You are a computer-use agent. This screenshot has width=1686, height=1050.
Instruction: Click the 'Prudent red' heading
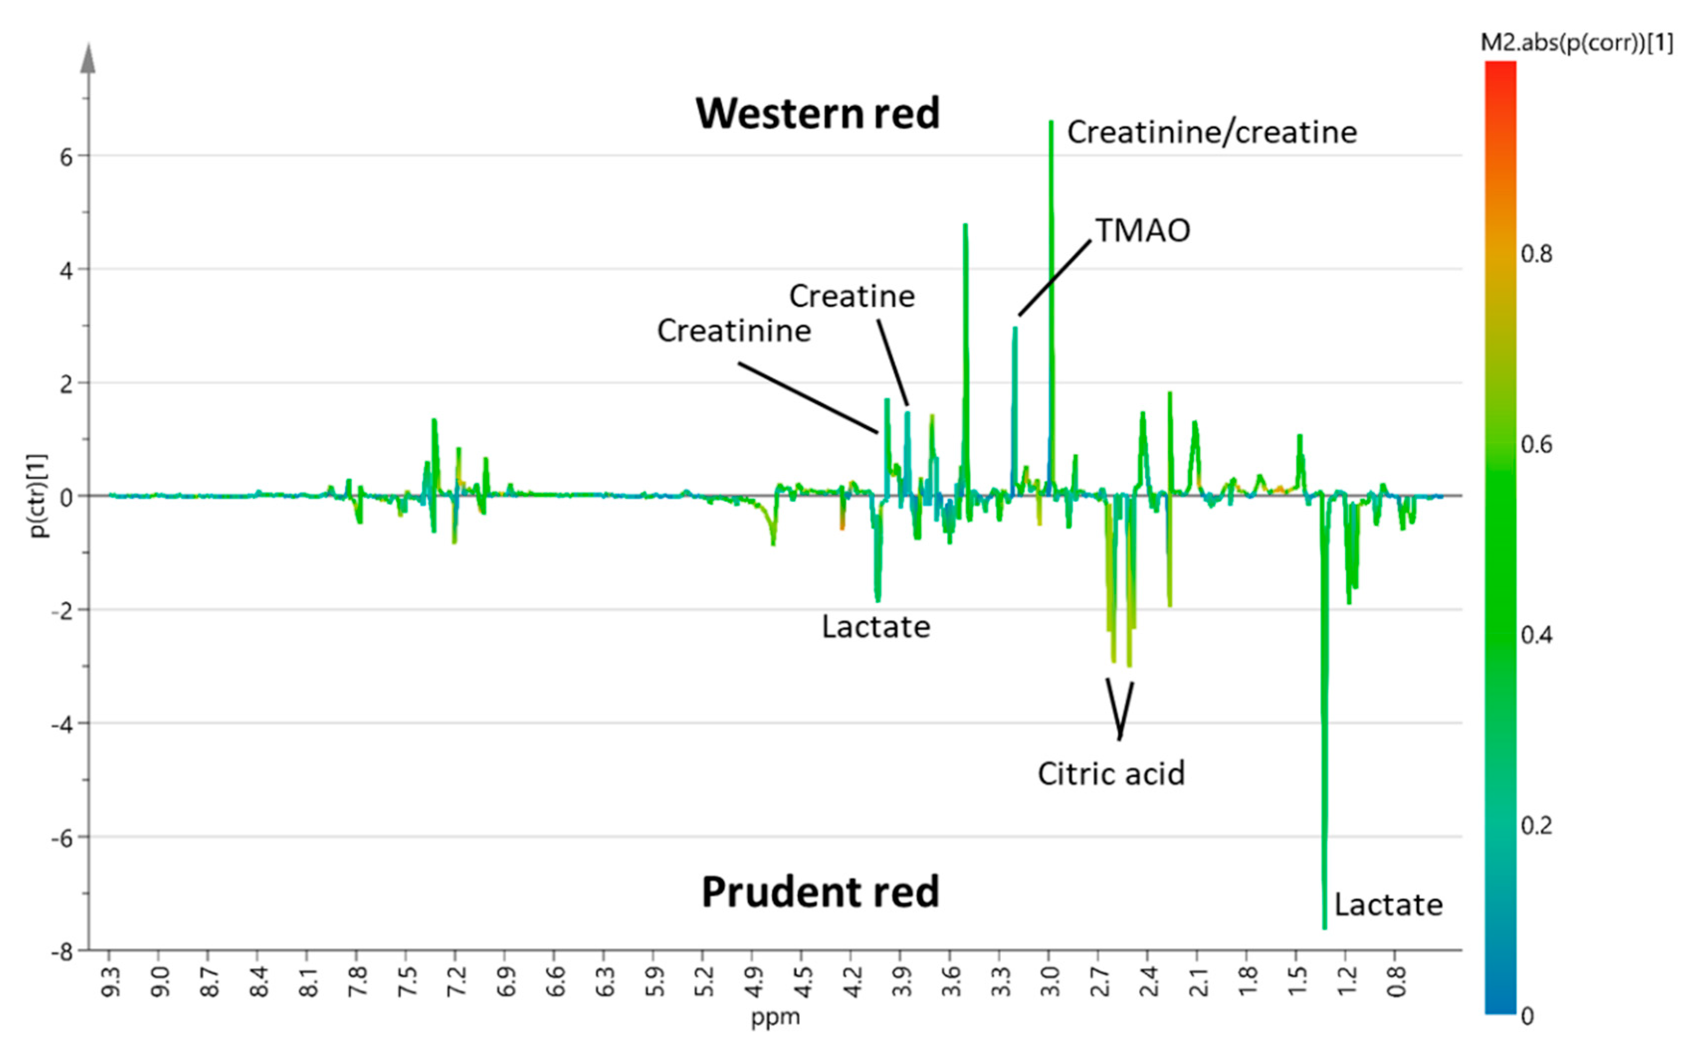[x=820, y=892]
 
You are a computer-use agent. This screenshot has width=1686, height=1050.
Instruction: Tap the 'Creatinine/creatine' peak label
[x=1211, y=132]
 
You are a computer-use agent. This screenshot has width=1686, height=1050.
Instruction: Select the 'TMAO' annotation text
[x=1143, y=231]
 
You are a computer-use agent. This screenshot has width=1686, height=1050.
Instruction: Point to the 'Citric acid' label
[x=1111, y=774]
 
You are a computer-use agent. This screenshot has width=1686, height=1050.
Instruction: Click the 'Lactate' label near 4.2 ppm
[x=876, y=627]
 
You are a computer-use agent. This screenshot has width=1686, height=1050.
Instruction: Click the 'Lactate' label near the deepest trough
[x=1388, y=905]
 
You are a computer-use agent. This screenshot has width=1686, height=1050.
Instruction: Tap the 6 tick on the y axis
[x=66, y=158]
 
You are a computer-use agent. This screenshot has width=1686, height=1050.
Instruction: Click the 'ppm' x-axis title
[x=775, y=1017]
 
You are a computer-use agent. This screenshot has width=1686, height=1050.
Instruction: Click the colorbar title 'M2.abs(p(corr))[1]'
[x=1576, y=43]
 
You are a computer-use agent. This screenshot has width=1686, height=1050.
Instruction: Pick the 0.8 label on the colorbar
[x=1536, y=254]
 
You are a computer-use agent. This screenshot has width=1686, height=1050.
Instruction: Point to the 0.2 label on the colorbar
[x=1536, y=826]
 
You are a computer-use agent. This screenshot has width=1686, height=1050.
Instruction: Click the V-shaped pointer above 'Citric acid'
[x=1120, y=710]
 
